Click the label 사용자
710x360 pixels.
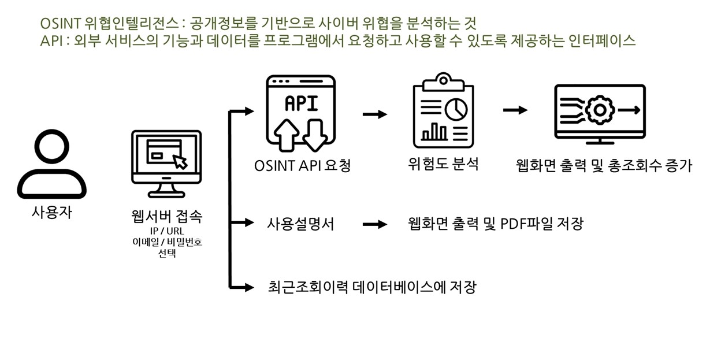51,212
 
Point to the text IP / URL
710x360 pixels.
167,232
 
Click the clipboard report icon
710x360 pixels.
443,112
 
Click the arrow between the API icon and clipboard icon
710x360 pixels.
375,114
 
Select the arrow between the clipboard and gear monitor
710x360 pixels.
515,110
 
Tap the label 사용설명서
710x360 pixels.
300,224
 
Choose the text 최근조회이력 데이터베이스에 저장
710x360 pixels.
372,287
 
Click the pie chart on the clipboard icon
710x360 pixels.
458,107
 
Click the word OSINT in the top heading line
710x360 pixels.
60,23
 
